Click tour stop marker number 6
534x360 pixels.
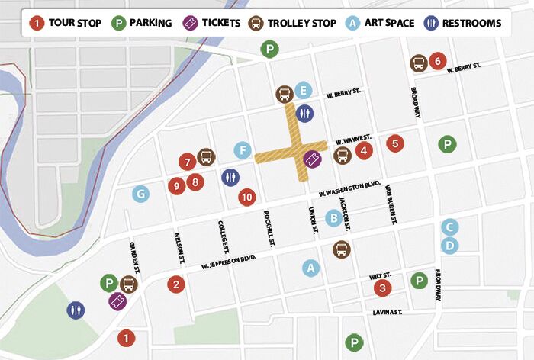point(437,61)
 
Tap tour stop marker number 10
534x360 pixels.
point(246,197)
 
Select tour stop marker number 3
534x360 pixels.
point(383,288)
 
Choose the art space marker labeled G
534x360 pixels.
point(140,194)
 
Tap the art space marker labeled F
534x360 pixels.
point(243,149)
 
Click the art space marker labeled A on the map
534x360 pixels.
point(310,268)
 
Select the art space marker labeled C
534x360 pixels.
point(450,227)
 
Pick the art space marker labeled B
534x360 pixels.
point(333,218)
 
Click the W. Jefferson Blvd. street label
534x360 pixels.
point(228,262)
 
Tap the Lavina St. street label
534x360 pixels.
point(388,312)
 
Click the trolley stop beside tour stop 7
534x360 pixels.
point(206,157)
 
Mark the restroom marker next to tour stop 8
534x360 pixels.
point(230,177)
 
